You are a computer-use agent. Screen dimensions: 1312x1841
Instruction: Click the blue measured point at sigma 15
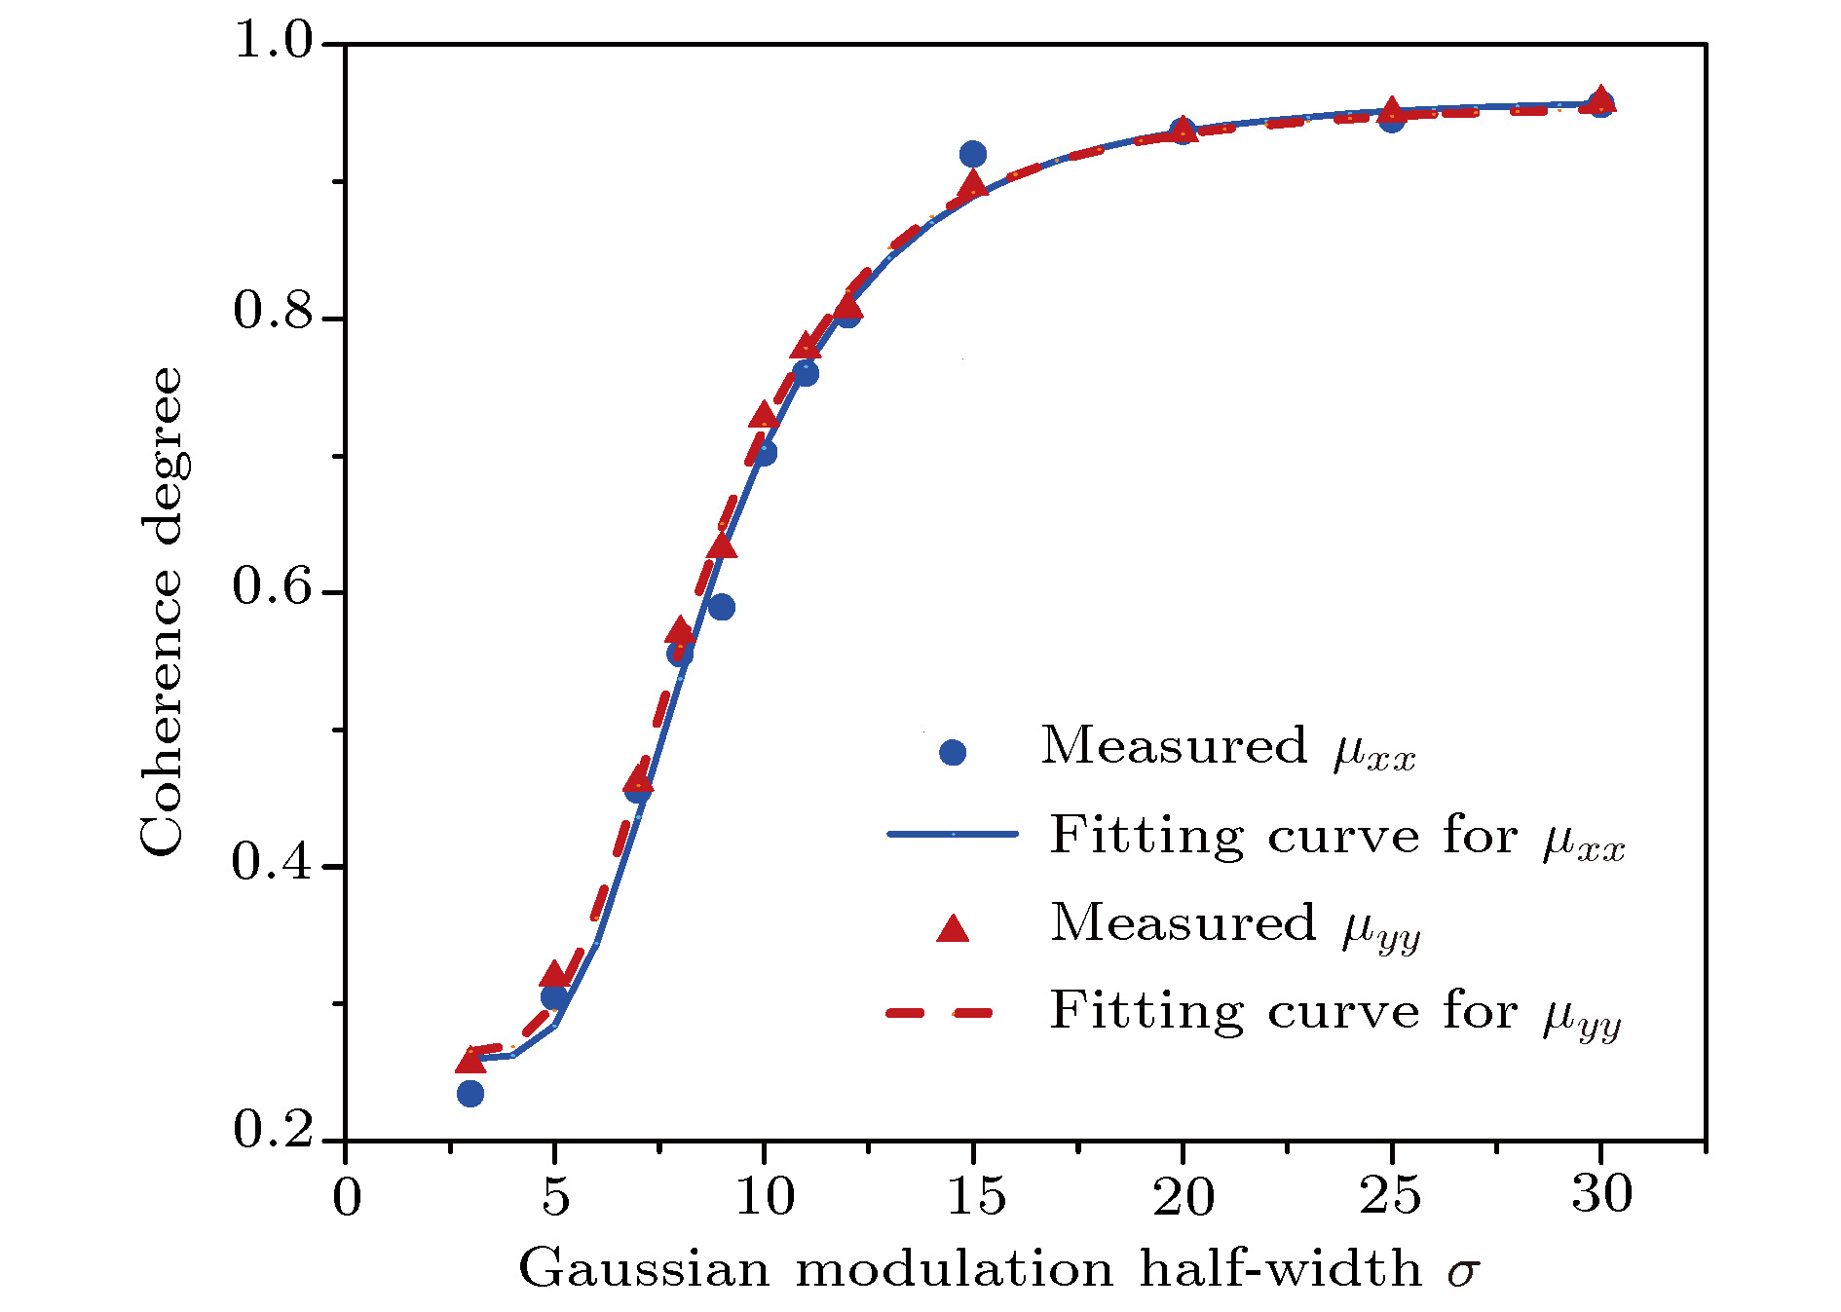972,154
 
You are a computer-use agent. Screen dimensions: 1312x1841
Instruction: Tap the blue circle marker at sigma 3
470,1094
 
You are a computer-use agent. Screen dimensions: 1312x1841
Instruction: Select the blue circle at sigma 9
722,608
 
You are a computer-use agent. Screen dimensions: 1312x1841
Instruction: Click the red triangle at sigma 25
1392,109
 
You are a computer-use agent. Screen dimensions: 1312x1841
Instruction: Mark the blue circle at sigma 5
554,996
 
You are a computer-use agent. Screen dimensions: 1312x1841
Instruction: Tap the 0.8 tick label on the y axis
274,312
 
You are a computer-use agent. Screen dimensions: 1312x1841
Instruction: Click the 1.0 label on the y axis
274,41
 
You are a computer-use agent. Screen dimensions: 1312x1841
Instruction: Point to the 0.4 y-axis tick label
274,862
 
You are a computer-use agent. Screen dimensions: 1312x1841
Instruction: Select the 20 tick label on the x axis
1183,1196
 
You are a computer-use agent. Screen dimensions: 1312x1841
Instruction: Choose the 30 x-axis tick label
1601,1194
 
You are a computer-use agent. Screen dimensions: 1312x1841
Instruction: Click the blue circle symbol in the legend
953,752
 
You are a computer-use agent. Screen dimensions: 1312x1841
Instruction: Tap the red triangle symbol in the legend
953,928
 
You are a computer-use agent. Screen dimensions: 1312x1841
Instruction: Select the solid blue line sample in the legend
953,835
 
